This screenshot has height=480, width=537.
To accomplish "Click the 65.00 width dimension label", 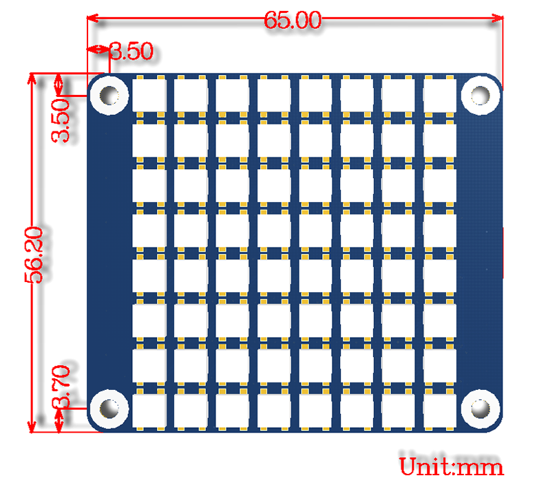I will (293, 21).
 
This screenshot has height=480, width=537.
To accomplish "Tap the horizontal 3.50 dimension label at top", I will (131, 52).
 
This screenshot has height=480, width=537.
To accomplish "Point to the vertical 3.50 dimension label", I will (62, 120).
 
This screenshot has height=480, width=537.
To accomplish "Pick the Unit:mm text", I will (451, 467).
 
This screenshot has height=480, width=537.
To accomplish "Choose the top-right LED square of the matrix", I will (440, 95).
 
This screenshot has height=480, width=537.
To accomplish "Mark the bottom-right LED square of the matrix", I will (440, 409).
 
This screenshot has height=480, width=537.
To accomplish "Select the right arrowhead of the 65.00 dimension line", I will (497, 20).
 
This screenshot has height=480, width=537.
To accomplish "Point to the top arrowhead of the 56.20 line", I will (32, 78).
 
